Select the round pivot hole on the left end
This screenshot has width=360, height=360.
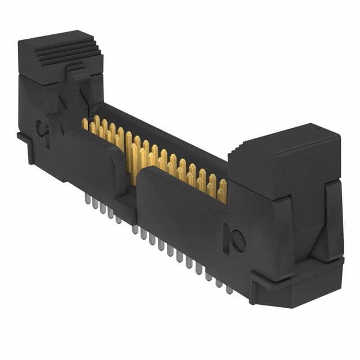(x=43, y=129)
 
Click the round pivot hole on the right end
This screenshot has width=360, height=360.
(x=238, y=242)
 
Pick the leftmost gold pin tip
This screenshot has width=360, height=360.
(x=86, y=123)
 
